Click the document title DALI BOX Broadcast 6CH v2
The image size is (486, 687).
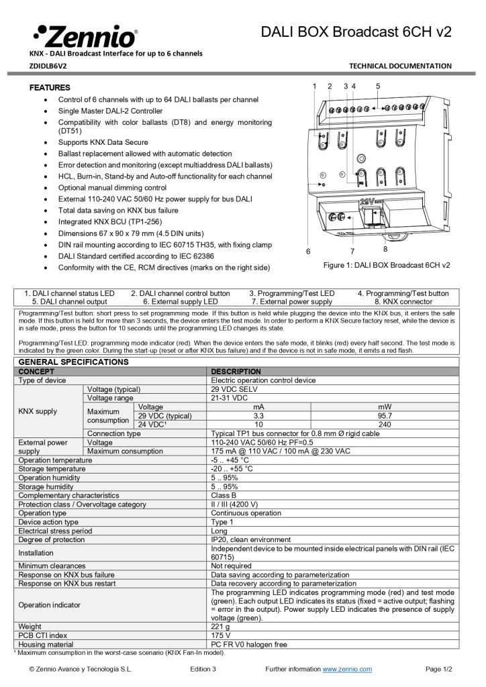(356, 32)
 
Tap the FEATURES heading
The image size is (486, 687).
(50, 88)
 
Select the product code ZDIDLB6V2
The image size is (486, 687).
(48, 66)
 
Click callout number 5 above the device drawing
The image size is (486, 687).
(378, 86)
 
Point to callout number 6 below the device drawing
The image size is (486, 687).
(308, 251)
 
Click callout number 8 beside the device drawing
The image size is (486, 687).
(385, 249)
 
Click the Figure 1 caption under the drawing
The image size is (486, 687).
(387, 265)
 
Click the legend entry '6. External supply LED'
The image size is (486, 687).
(180, 302)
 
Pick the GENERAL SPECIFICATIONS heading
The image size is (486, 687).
(73, 362)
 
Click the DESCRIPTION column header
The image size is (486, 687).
(236, 371)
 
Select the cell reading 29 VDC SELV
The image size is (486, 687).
(235, 389)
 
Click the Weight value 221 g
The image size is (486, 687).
(222, 626)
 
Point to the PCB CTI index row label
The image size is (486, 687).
(43, 635)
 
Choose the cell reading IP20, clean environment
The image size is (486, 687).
(251, 539)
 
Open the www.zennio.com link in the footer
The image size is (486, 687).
(347, 669)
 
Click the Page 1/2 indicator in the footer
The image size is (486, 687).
(439, 669)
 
